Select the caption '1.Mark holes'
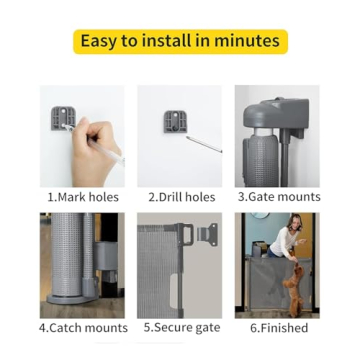click(x=83, y=197)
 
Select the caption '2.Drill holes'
click(x=181, y=197)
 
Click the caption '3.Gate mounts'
click(x=279, y=197)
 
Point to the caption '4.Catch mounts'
click(x=84, y=327)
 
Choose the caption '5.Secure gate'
click(x=181, y=327)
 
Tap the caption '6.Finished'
click(x=279, y=327)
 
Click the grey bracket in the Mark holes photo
click(x=63, y=120)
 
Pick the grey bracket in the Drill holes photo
click(x=175, y=121)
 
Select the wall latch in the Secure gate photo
click(x=208, y=234)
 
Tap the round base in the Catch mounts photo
click(x=70, y=297)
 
